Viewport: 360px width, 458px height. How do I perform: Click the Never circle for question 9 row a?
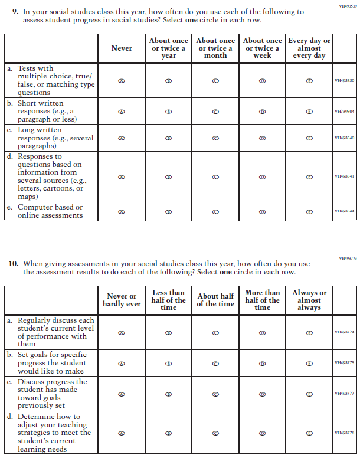(x=122, y=81)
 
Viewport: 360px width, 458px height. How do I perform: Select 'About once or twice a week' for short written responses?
(x=262, y=111)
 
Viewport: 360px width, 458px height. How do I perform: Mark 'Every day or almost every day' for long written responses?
(x=309, y=138)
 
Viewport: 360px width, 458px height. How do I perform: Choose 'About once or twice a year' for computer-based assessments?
(x=168, y=211)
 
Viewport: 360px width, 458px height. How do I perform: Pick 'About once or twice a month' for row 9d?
(x=215, y=176)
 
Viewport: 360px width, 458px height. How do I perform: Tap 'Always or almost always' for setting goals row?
(x=309, y=364)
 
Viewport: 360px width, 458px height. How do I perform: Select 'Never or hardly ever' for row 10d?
(x=122, y=433)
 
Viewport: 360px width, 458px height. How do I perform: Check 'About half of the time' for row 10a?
(x=215, y=333)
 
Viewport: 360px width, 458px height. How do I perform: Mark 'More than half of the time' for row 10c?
(x=262, y=394)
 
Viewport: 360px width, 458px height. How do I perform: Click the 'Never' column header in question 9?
(x=122, y=48)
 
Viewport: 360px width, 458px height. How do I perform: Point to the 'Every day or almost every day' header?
(x=309, y=48)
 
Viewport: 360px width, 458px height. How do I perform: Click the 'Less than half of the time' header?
(x=168, y=300)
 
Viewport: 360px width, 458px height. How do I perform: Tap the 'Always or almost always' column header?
(x=309, y=300)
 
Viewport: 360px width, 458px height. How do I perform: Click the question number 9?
(x=15, y=12)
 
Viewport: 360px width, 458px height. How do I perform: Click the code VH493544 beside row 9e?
(x=344, y=211)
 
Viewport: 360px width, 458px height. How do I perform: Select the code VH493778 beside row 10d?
(x=344, y=433)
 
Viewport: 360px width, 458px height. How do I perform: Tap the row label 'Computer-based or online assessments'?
(x=50, y=211)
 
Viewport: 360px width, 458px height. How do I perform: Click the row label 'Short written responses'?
(x=47, y=111)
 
